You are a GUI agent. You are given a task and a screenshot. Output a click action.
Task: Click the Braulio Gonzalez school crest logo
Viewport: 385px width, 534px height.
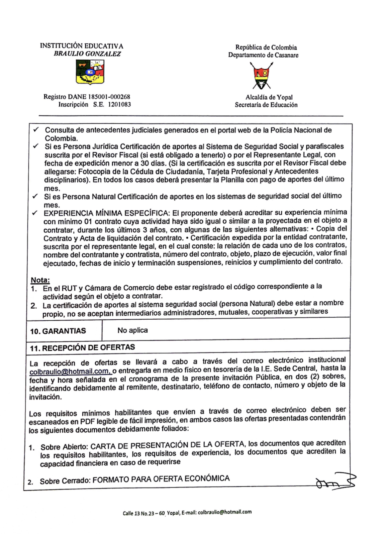90,72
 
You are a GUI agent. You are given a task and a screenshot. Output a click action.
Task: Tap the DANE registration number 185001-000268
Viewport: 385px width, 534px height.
109,97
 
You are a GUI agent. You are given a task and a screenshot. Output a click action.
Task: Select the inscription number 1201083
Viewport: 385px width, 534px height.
119,105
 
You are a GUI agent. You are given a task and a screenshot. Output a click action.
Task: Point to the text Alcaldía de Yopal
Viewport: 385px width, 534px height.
269,97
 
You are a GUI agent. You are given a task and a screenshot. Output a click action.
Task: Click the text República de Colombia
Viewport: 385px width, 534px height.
266,47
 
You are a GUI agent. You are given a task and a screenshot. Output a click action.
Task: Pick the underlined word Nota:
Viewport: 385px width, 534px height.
40,280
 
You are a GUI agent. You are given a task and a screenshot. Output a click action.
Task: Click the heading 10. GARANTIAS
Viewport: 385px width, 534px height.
58,331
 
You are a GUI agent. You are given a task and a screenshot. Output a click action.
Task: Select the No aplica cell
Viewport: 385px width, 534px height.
132,330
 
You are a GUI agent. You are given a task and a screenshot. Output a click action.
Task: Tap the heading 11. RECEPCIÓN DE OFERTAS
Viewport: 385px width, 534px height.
82,347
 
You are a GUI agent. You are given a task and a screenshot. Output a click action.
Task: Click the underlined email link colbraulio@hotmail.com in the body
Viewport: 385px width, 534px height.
69,371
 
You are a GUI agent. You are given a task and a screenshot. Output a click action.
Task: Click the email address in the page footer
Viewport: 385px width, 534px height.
225,512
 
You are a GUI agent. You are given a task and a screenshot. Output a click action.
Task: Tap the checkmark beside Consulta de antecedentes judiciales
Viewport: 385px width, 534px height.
36,129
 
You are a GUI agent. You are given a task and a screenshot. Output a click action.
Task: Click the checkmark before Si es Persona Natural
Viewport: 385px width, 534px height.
35,196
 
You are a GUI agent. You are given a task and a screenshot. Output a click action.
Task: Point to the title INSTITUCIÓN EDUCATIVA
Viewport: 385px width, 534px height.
82,46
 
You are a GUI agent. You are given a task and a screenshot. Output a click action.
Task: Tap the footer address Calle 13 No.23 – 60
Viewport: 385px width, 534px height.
144,513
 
